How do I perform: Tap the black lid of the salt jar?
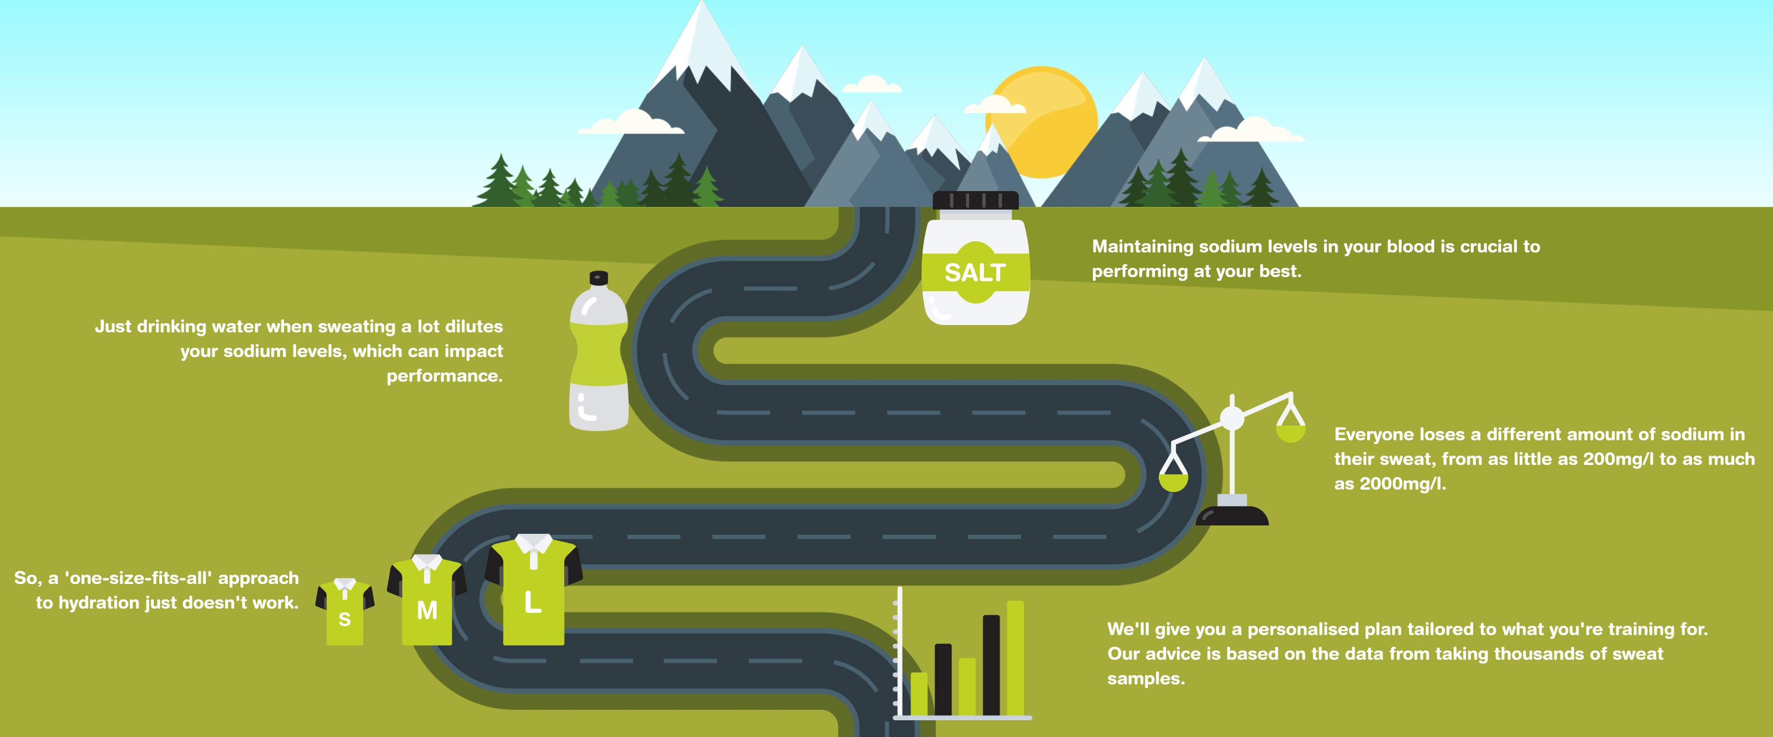(975, 200)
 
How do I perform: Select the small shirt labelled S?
(345, 612)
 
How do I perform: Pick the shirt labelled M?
(427, 602)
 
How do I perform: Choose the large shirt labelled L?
(533, 592)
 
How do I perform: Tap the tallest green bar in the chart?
(1015, 657)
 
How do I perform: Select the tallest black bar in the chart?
(991, 664)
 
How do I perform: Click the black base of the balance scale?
(1232, 516)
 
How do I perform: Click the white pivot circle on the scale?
(1232, 418)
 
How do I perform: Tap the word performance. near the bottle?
(445, 376)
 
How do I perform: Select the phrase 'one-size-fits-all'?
(138, 578)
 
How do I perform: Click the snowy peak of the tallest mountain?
(702, 34)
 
